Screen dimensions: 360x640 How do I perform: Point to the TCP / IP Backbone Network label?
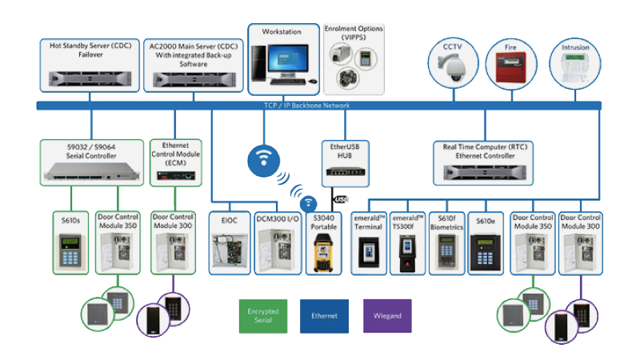tap(318, 106)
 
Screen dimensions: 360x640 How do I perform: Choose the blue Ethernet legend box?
tap(325, 315)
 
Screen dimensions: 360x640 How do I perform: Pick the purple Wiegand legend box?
tap(387, 315)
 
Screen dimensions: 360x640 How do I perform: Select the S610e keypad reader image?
tap(486, 251)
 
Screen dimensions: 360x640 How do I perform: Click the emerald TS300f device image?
tap(408, 251)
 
